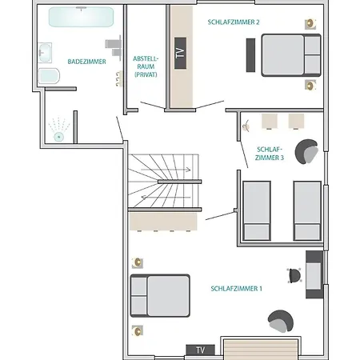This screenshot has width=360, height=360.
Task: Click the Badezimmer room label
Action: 86,62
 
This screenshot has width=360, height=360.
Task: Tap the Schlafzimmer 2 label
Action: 234,22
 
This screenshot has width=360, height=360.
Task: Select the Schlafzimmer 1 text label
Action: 236,289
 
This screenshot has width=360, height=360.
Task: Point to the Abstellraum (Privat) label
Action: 146,66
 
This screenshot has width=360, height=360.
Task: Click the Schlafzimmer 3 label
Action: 270,154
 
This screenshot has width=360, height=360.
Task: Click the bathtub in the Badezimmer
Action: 81,17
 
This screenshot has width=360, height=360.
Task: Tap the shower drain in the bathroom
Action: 58,137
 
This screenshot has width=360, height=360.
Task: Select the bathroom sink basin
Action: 45,53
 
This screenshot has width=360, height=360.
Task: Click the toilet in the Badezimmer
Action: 49,76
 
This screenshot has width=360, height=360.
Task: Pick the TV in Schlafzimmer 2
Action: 180,53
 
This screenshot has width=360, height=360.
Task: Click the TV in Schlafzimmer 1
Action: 200,350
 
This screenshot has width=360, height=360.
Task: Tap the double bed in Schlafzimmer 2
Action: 291,55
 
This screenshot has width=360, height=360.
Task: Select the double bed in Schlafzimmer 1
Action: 160,296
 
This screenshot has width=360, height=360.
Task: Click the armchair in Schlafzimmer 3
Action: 306,151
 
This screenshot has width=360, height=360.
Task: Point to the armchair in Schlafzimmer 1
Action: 281,322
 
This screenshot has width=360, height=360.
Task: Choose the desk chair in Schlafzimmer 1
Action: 294,276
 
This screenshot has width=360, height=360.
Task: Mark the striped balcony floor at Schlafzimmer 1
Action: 261,350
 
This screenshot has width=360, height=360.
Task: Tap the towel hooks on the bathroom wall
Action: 119,78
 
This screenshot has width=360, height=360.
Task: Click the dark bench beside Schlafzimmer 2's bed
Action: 250,55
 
